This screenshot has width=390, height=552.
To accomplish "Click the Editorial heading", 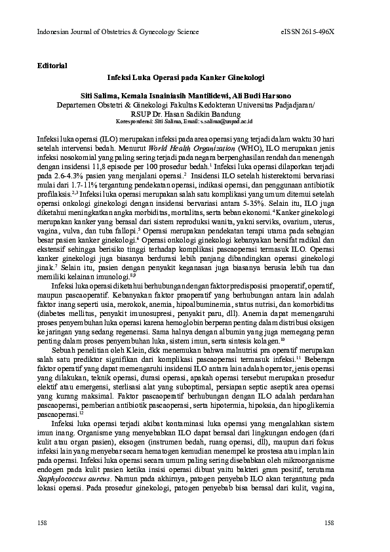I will (53, 66).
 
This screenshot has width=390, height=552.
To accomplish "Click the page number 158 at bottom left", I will (43, 523).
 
